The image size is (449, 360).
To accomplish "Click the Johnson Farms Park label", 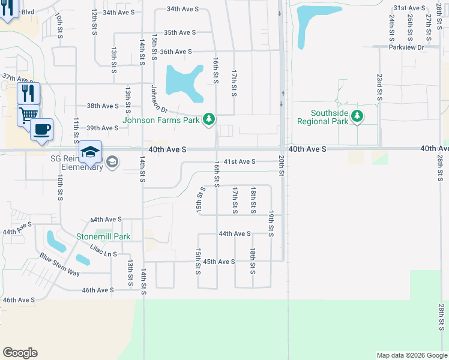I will pyautogui.click(x=160, y=120).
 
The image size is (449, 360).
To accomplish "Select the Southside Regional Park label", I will pyautogui.click(x=323, y=117).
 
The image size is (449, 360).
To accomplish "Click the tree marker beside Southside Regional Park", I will pyautogui.click(x=357, y=116).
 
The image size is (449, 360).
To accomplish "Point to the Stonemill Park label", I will pyautogui.click(x=103, y=236).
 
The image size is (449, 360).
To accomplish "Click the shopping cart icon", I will pyautogui.click(x=29, y=114).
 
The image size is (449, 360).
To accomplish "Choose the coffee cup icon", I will pyautogui.click(x=41, y=129).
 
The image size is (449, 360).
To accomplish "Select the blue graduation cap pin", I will pyautogui.click(x=90, y=152).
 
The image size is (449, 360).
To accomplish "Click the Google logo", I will pyautogui.click(x=20, y=353).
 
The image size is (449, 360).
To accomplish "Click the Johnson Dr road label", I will pyautogui.click(x=158, y=98).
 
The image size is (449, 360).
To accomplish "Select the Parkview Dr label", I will pyautogui.click(x=406, y=47).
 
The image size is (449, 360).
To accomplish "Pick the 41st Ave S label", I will pyautogui.click(x=240, y=161).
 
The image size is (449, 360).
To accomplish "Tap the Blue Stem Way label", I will pyautogui.click(x=60, y=265).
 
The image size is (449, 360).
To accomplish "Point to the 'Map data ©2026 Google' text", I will pyautogui.click(x=411, y=355).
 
